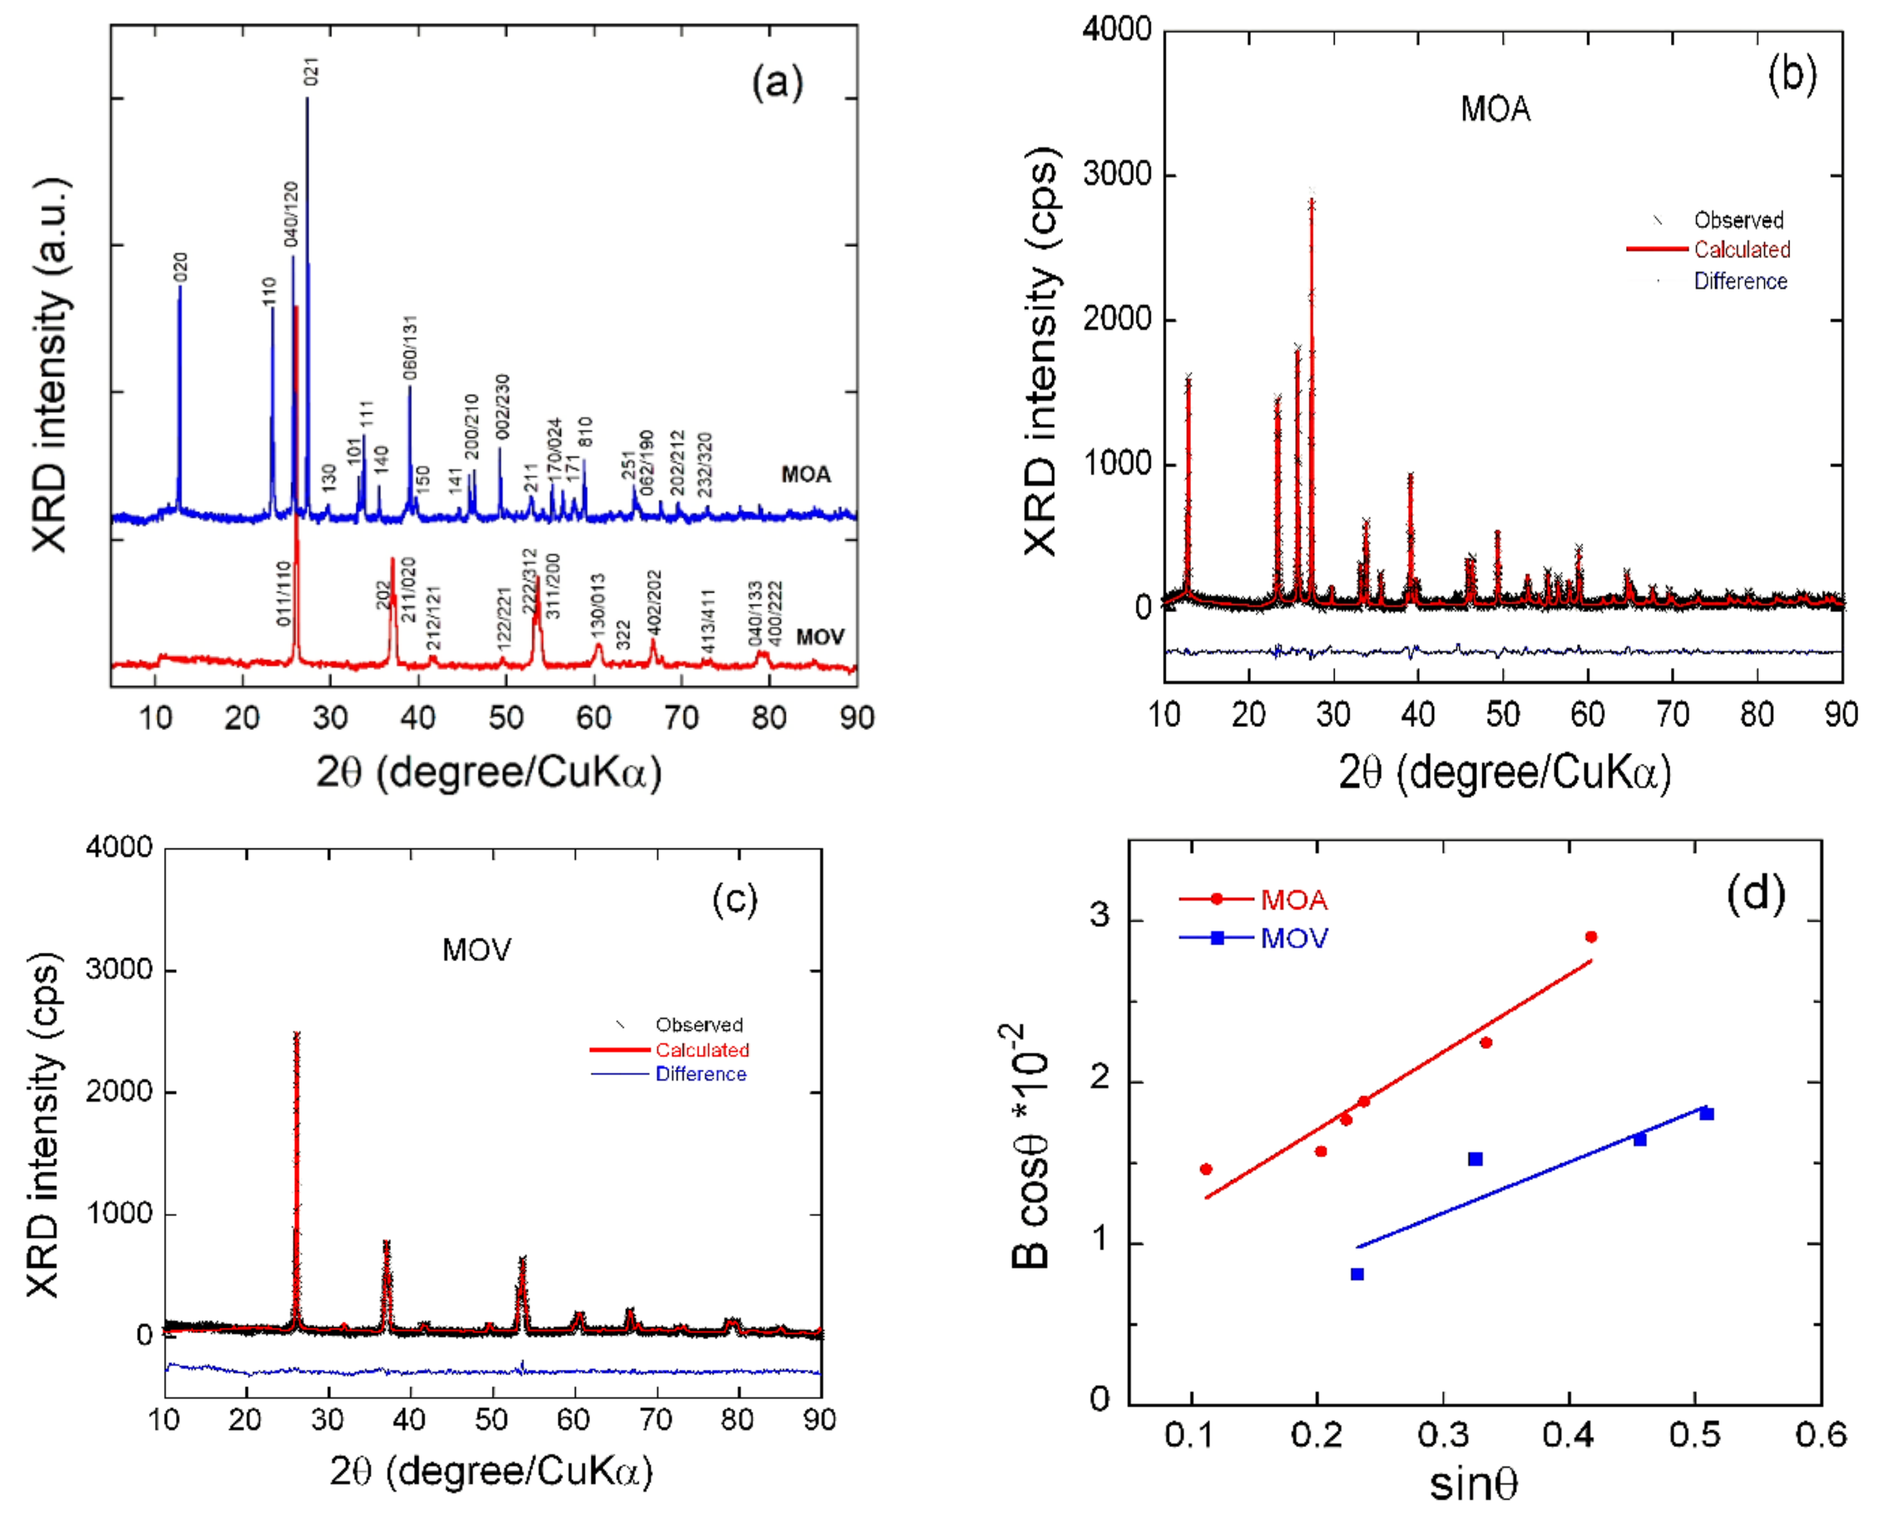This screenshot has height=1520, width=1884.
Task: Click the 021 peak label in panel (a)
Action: coord(311,71)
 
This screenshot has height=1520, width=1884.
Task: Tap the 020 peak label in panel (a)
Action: coord(180,267)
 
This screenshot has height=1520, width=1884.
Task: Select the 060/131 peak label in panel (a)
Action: coord(410,348)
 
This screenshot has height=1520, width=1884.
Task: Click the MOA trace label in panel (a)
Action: coord(806,475)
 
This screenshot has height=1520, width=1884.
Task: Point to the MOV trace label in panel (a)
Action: coord(819,637)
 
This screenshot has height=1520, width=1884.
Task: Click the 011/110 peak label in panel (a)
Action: coord(284,594)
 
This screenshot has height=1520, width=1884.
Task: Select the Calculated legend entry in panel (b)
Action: coord(1742,250)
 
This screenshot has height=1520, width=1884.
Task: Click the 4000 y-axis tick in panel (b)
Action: coord(1116,30)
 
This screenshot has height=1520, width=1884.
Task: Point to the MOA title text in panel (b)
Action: coord(1496,110)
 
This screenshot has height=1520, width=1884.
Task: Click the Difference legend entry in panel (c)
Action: coord(700,1074)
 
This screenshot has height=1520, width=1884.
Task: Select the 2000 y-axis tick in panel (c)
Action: coord(119,1092)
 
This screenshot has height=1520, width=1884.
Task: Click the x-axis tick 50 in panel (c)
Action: coord(492,1419)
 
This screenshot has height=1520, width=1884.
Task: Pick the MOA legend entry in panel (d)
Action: coord(1293,899)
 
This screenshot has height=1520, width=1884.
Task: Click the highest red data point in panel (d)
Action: coord(1591,937)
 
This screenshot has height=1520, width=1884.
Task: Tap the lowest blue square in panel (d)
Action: coord(1357,1274)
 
